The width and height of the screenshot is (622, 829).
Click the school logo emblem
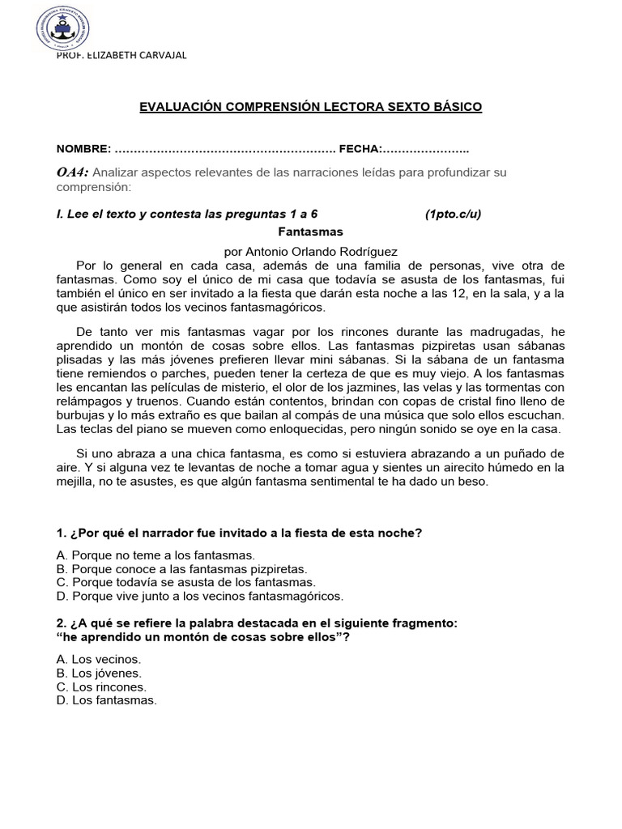coord(62,28)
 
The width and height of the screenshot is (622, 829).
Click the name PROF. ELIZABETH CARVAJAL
coord(121,54)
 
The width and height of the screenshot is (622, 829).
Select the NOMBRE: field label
coord(83,149)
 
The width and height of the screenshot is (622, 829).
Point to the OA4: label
coord(73,172)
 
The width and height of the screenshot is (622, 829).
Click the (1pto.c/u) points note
coord(453,214)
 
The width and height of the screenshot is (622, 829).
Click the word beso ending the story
coord(473,481)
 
